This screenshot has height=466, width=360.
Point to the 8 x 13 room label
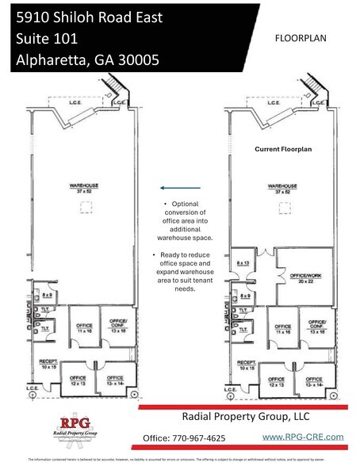(243, 262)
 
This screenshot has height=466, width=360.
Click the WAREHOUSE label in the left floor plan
(79, 189)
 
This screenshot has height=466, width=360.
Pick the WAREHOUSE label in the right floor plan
(279, 189)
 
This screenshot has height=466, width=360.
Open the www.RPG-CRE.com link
(302, 437)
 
